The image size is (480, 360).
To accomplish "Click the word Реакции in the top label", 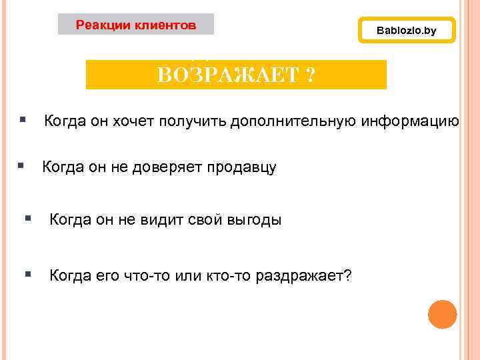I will (103, 25).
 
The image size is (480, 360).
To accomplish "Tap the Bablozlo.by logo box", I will (406, 31).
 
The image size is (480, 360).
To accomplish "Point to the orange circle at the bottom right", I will (442, 314).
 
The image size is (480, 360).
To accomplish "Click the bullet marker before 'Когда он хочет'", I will (23, 121).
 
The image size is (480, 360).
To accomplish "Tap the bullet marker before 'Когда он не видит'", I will (28, 218).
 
